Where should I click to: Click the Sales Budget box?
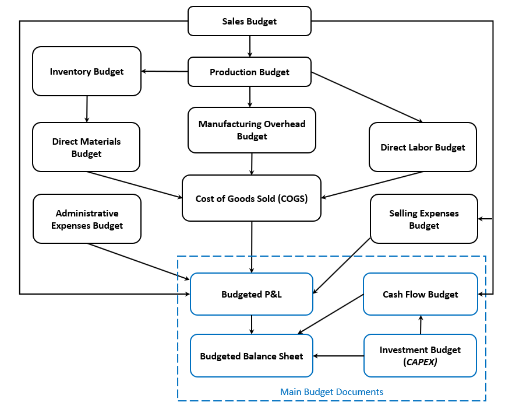249,22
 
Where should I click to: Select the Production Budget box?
249,72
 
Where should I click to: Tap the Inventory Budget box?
87,71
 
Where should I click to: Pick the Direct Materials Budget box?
86,147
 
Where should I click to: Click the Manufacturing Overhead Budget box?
252,130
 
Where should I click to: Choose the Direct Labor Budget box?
422,147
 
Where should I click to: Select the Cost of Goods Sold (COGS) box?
252,198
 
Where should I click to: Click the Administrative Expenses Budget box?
87,219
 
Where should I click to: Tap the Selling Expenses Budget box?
423,219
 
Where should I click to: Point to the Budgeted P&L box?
252,294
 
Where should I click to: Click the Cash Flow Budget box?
420,294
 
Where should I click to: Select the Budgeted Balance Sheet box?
252,356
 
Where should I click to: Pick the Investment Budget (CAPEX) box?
420,355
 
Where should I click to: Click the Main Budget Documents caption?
331,391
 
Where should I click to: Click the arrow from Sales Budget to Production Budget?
250,46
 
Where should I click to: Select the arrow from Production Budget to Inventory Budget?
164,72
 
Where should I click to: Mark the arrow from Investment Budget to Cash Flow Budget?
421,324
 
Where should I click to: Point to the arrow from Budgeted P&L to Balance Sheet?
252,324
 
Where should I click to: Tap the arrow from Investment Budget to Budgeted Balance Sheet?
338,356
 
